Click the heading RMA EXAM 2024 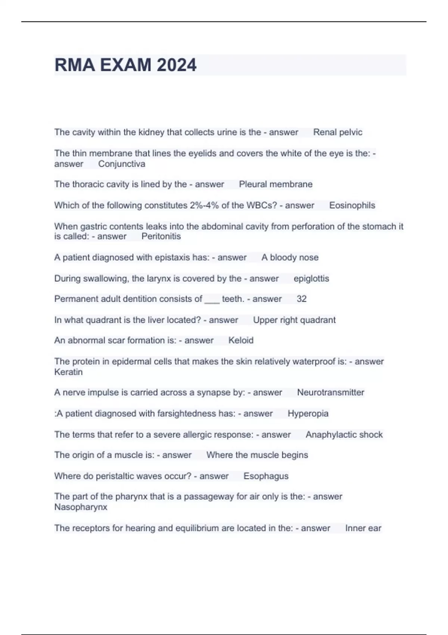pos(125,65)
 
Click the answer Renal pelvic pos(337,132)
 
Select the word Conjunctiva pos(122,164)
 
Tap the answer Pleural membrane pos(276,184)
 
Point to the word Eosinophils pos(352,205)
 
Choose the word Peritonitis pos(161,236)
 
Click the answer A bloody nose pos(290,257)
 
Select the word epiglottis pos(311,279)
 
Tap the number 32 pos(301,299)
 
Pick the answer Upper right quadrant pos(294,320)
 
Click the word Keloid pos(241,340)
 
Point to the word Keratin pos(68,372)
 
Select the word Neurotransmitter pos(330,393)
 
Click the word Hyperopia pos(308,413)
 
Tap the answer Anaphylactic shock pos(344,435)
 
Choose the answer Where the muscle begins pos(257,455)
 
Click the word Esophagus pos(266,476)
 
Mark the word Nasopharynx pos(81,507)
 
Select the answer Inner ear pos(363,528)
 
